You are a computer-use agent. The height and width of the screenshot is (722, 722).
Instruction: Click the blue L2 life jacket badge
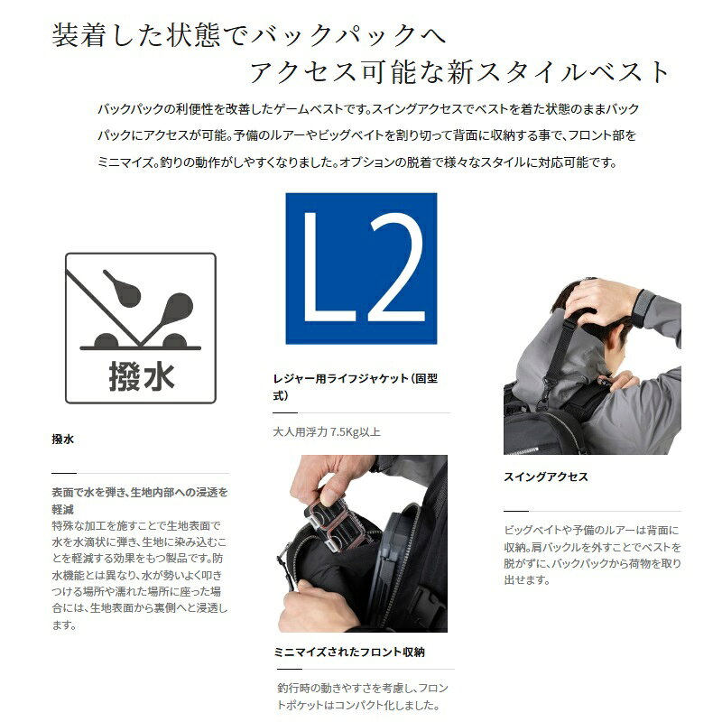[361, 268]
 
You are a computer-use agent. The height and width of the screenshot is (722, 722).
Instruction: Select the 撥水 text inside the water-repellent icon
[142, 376]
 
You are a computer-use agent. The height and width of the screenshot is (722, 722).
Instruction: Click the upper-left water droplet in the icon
[123, 288]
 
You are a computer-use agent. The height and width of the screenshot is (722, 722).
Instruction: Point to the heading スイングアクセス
[546, 477]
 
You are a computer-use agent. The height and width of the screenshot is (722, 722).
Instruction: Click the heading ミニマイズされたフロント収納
[349, 652]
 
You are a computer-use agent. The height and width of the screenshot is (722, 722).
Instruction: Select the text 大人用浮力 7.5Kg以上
[327, 432]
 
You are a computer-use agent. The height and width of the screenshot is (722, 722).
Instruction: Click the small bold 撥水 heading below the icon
[62, 440]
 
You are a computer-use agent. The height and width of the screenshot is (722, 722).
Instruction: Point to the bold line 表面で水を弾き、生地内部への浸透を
[140, 492]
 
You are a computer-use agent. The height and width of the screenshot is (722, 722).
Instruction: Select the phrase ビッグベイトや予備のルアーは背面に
[591, 530]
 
